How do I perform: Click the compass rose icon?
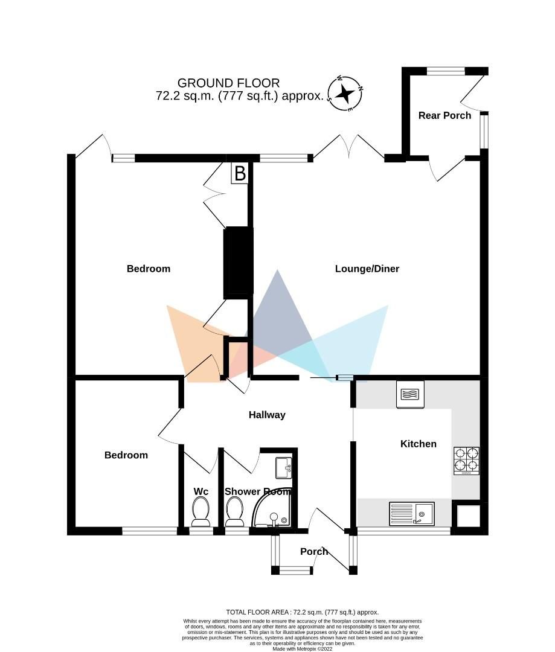pyautogui.click(x=345, y=94)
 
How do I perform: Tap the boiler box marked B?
pyautogui.click(x=240, y=174)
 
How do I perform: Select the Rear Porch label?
pyautogui.click(x=444, y=115)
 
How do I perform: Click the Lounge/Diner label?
pyautogui.click(x=367, y=269)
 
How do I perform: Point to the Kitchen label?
pyautogui.click(x=418, y=444)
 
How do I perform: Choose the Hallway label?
pyautogui.click(x=267, y=415)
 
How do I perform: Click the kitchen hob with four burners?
pyautogui.click(x=466, y=461)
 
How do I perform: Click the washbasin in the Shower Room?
pyautogui.click(x=283, y=467)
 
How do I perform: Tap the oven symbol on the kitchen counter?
pyautogui.click(x=410, y=394)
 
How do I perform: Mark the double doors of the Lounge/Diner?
pyautogui.click(x=348, y=148)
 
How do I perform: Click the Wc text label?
pyautogui.click(x=201, y=491)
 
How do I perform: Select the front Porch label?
pyautogui.click(x=314, y=551)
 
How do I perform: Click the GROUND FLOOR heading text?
pyautogui.click(x=228, y=83)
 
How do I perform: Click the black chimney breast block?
pyautogui.click(x=238, y=262)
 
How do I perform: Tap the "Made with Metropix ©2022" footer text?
pyautogui.click(x=302, y=648)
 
